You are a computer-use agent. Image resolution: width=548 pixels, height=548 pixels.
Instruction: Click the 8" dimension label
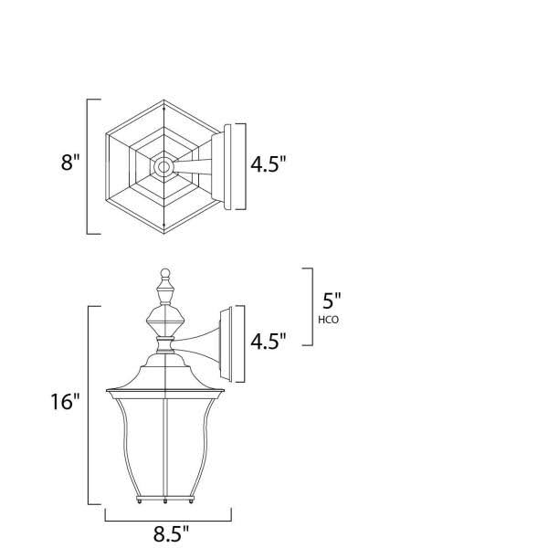(x=70, y=165)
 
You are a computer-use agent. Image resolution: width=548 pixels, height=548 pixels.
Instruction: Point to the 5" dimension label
(x=332, y=300)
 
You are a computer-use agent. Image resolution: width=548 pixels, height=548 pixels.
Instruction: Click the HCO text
(x=330, y=321)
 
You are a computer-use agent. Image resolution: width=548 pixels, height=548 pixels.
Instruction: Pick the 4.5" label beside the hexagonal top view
(x=269, y=164)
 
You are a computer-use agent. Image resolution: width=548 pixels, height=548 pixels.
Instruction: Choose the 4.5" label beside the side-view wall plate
(x=269, y=341)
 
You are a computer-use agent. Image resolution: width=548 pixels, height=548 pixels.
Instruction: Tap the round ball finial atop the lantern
(x=164, y=273)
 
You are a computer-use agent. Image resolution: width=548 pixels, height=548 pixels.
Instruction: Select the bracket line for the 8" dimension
(x=89, y=165)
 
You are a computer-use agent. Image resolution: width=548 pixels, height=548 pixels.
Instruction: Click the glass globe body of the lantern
(x=164, y=448)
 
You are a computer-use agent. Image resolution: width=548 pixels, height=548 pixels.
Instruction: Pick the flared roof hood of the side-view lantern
(x=164, y=379)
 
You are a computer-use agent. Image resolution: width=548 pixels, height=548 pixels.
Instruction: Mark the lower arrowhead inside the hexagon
(x=164, y=227)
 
